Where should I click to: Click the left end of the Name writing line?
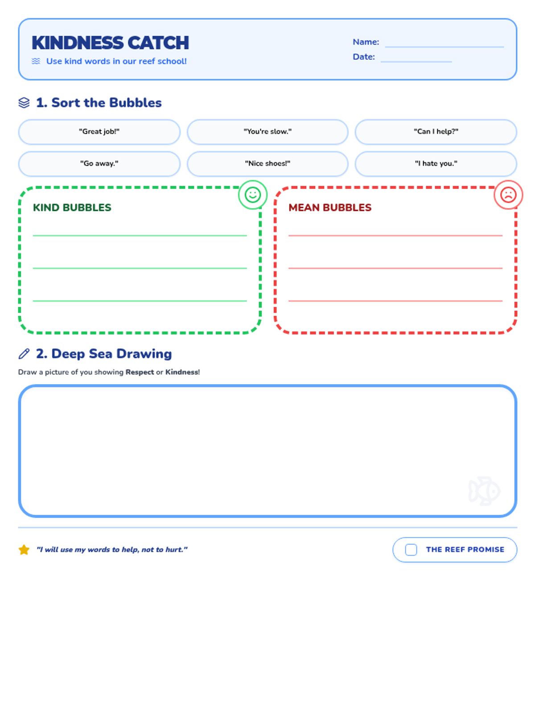[x=385, y=47]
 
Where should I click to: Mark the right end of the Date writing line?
[x=452, y=61]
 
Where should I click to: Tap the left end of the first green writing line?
[x=33, y=235]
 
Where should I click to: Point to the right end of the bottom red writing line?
[x=502, y=301]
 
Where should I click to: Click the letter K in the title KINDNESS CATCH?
[x=38, y=43]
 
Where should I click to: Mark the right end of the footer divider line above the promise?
[x=517, y=528]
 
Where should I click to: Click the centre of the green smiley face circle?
[x=253, y=195]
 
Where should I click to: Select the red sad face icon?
[x=508, y=195]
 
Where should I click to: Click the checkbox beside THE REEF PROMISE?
[x=411, y=549]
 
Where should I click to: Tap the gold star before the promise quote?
[x=24, y=549]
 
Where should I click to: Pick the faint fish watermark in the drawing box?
[x=484, y=491]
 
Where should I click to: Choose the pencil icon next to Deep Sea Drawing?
[x=24, y=354]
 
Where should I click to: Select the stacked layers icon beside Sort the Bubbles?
[x=24, y=102]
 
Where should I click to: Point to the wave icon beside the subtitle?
[x=36, y=61]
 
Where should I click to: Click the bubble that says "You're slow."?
[x=267, y=132]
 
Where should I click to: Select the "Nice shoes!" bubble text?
[x=267, y=164]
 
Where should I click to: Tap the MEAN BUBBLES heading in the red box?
[x=330, y=208]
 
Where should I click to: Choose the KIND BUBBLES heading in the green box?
[x=72, y=208]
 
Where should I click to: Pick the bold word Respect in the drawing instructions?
[x=140, y=372]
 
